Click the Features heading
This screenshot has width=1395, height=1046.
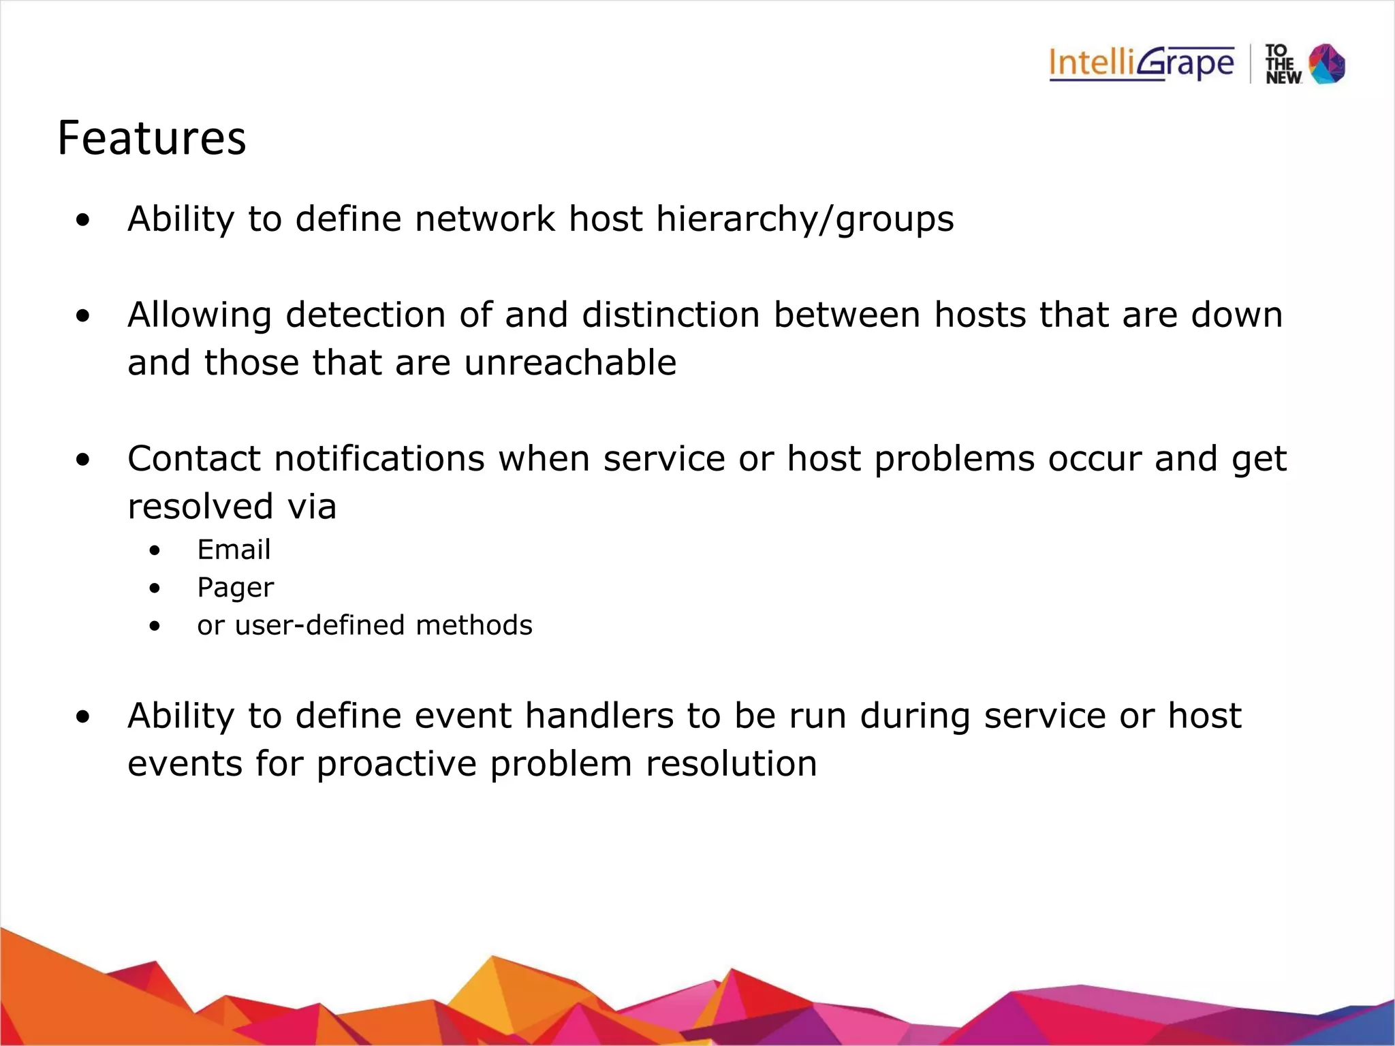(151, 138)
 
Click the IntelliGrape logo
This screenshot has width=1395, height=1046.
(1142, 64)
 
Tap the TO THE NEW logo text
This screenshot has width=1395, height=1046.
(1283, 65)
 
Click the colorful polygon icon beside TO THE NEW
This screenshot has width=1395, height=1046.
(1327, 64)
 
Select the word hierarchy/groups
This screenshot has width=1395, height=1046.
(804, 220)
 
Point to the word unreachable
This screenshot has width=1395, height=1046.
(570, 362)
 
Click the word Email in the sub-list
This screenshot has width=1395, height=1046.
(234, 550)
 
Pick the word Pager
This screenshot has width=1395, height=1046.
(235, 588)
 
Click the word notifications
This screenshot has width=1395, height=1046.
(379, 459)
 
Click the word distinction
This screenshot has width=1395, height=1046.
(670, 315)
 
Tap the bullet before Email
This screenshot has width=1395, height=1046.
(155, 550)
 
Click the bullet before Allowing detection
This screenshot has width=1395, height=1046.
(83, 316)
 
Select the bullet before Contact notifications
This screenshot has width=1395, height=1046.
(83, 460)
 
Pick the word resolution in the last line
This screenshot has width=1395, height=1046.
(731, 764)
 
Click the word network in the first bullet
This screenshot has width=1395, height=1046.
(484, 220)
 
